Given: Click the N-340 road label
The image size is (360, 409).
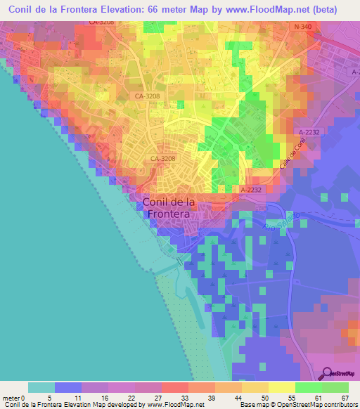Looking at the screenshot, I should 302,27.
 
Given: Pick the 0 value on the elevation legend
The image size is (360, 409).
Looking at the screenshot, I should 24,398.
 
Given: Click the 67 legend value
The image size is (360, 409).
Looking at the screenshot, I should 345,398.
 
